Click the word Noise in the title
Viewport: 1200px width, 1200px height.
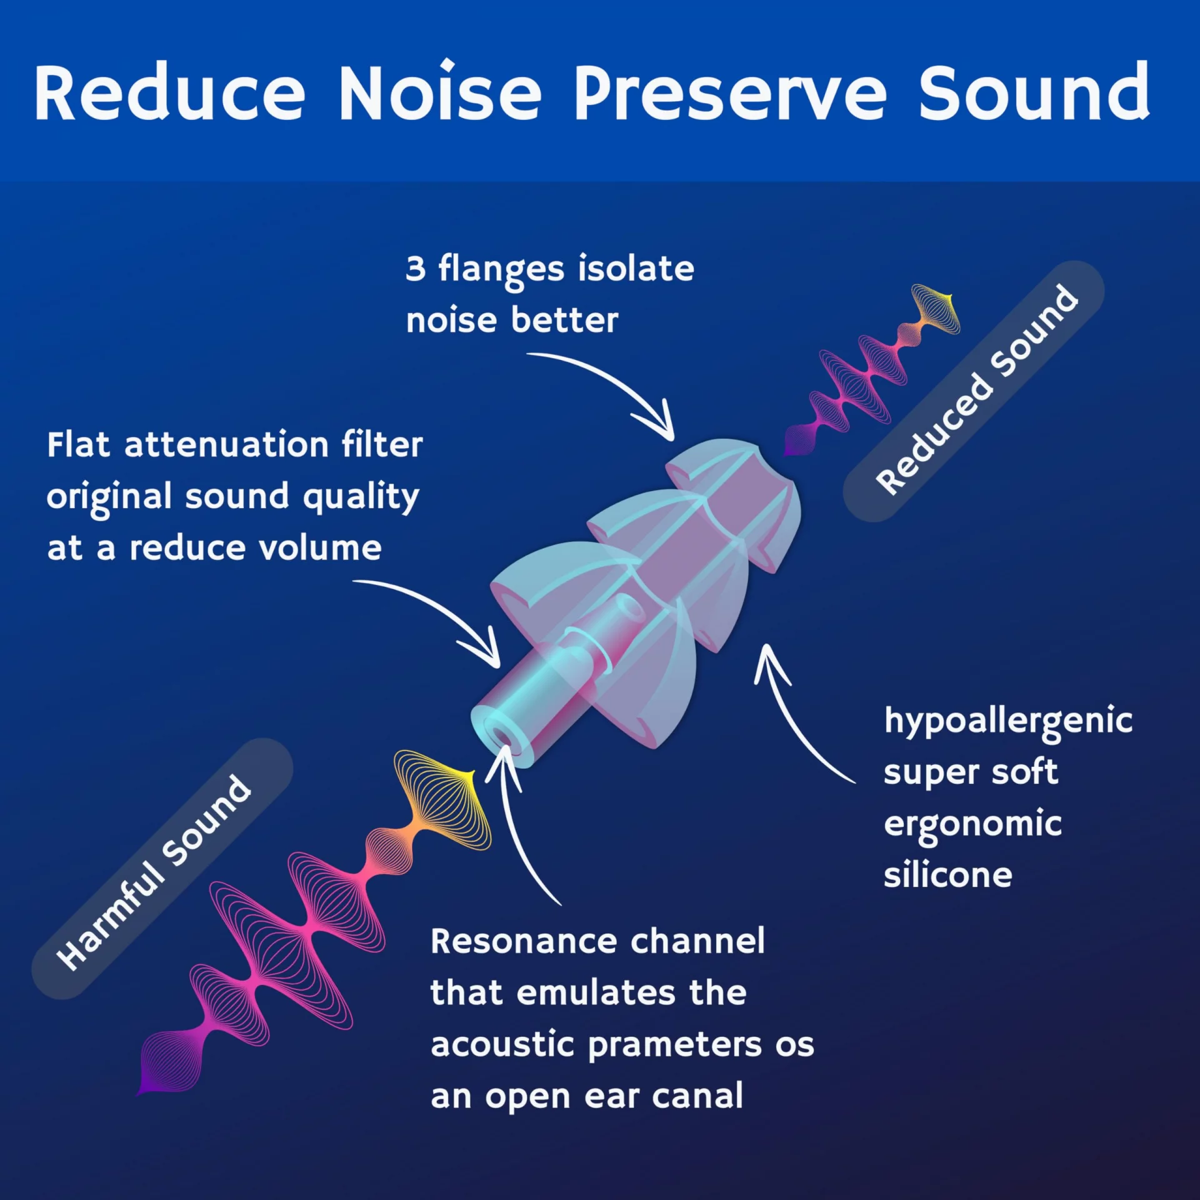point(440,92)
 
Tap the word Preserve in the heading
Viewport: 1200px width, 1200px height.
point(731,92)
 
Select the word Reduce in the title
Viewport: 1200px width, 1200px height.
point(170,92)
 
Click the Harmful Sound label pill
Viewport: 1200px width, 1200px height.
point(162,869)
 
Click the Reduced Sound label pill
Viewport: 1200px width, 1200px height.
point(974,391)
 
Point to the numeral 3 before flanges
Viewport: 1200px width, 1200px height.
point(416,268)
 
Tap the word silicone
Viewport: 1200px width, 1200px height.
point(947,874)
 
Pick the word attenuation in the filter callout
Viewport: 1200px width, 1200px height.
point(226,445)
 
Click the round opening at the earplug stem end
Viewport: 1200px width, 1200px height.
point(498,734)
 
